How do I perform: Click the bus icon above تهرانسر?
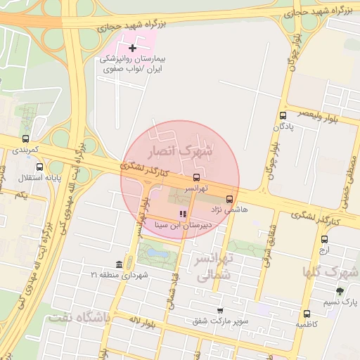(x=196, y=177)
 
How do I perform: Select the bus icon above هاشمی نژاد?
(x=230, y=199)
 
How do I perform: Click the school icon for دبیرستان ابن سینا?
(x=183, y=214)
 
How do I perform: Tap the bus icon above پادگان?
(x=283, y=116)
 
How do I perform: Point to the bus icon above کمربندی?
(x=26, y=139)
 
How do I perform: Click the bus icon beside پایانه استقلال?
(x=39, y=167)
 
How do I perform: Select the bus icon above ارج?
(x=324, y=239)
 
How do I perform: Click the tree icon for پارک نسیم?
(x=340, y=291)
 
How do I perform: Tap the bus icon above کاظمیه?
(x=307, y=314)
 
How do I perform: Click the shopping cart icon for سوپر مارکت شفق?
(x=220, y=310)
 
